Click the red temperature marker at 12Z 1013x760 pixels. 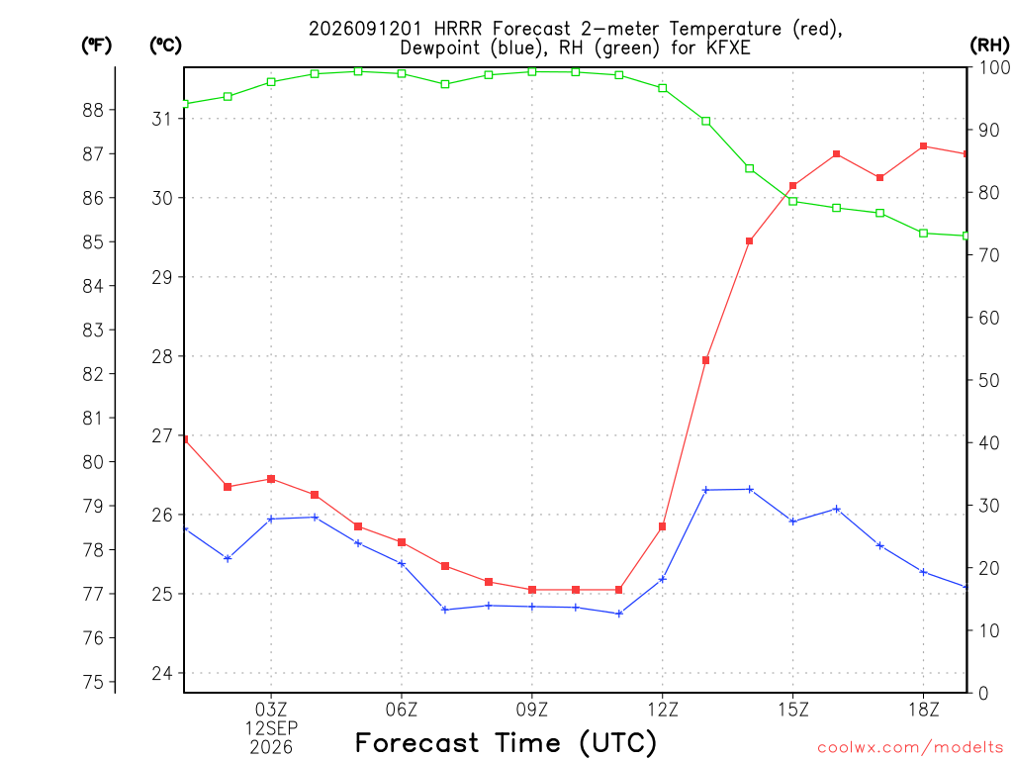pos(662,526)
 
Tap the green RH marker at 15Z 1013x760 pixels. pos(792,201)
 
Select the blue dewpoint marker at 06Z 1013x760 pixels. pos(402,563)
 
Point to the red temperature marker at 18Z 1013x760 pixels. pos(923,146)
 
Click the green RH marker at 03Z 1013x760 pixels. pos(271,82)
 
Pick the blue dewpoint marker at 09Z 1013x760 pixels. pos(531,607)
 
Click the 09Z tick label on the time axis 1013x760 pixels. pos(531,711)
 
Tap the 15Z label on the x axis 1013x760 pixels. pos(792,711)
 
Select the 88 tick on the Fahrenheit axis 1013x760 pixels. pos(93,110)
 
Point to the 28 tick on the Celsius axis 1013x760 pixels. pos(162,356)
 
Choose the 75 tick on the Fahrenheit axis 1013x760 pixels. pos(93,682)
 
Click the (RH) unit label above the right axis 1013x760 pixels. pos(989,46)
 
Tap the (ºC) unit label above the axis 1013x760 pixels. pos(165,46)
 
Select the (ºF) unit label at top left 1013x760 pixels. pos(96,46)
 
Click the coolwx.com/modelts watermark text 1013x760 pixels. pos(910,748)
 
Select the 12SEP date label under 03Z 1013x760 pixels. pos(271,728)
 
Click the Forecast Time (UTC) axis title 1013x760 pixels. pos(506,742)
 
